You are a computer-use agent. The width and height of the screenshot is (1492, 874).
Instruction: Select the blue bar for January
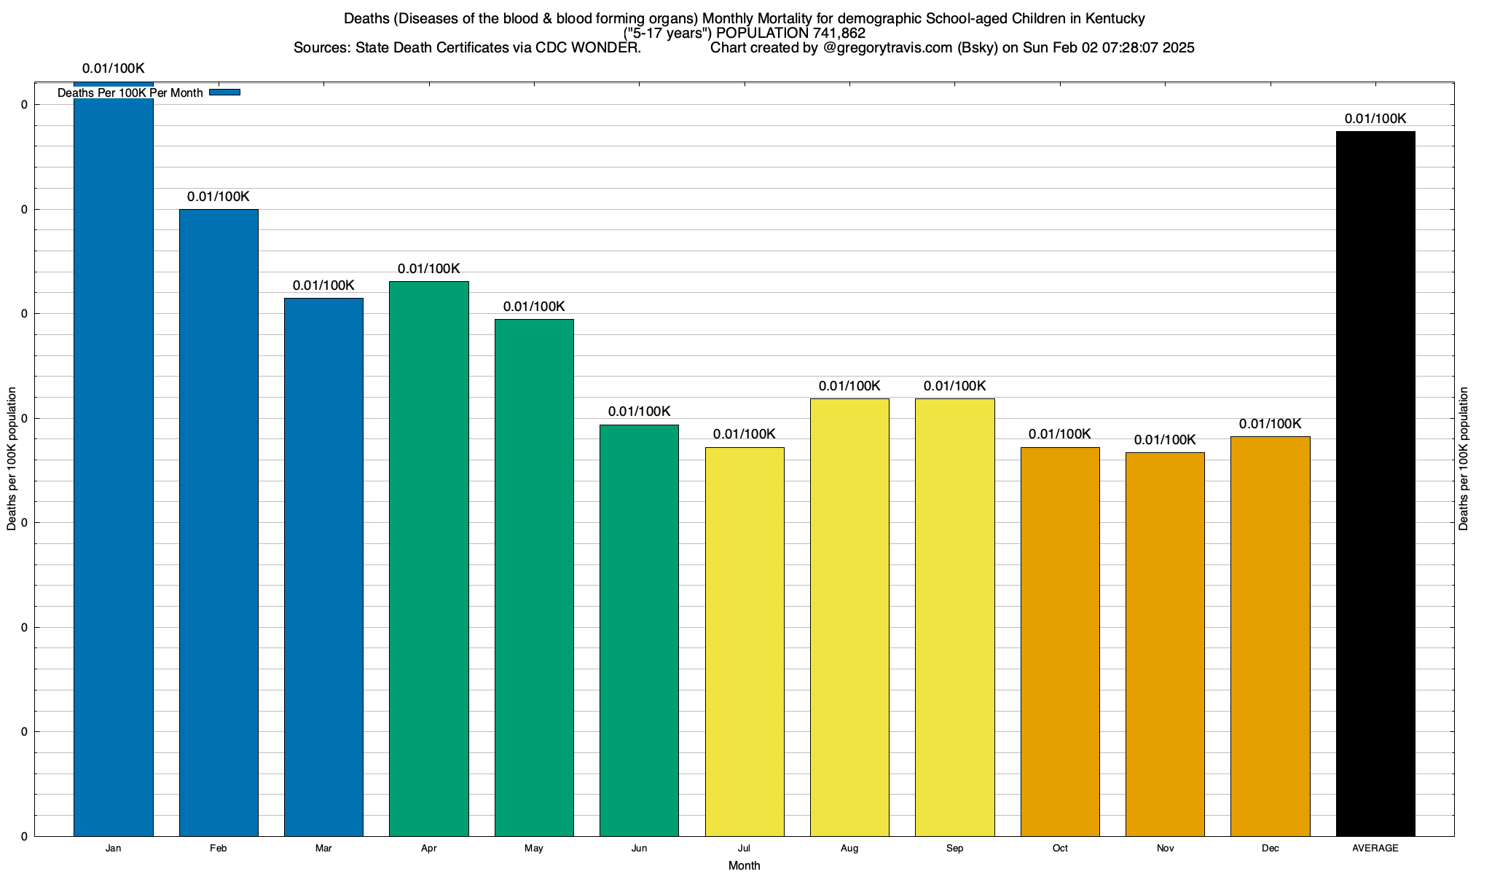click(114, 466)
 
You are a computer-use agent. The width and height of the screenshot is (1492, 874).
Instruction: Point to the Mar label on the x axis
click(323, 849)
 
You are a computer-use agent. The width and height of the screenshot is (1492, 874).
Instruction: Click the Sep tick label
click(954, 849)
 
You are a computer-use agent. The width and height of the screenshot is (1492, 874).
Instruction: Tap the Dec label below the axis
click(1271, 849)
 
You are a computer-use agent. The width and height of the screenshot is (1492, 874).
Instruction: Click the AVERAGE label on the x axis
click(1375, 849)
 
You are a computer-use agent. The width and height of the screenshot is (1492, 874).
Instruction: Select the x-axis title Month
click(744, 866)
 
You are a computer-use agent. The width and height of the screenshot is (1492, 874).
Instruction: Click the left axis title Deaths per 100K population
click(12, 458)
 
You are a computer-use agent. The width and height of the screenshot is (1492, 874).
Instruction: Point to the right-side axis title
click(1464, 458)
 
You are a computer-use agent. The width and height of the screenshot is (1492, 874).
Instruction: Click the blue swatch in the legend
click(224, 92)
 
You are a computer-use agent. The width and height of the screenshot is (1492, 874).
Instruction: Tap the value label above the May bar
click(534, 307)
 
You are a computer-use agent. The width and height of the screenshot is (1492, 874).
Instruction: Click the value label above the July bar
click(744, 435)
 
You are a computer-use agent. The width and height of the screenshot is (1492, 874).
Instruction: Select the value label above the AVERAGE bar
click(1375, 119)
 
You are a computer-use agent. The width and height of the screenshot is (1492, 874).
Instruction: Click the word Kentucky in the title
click(1112, 18)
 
